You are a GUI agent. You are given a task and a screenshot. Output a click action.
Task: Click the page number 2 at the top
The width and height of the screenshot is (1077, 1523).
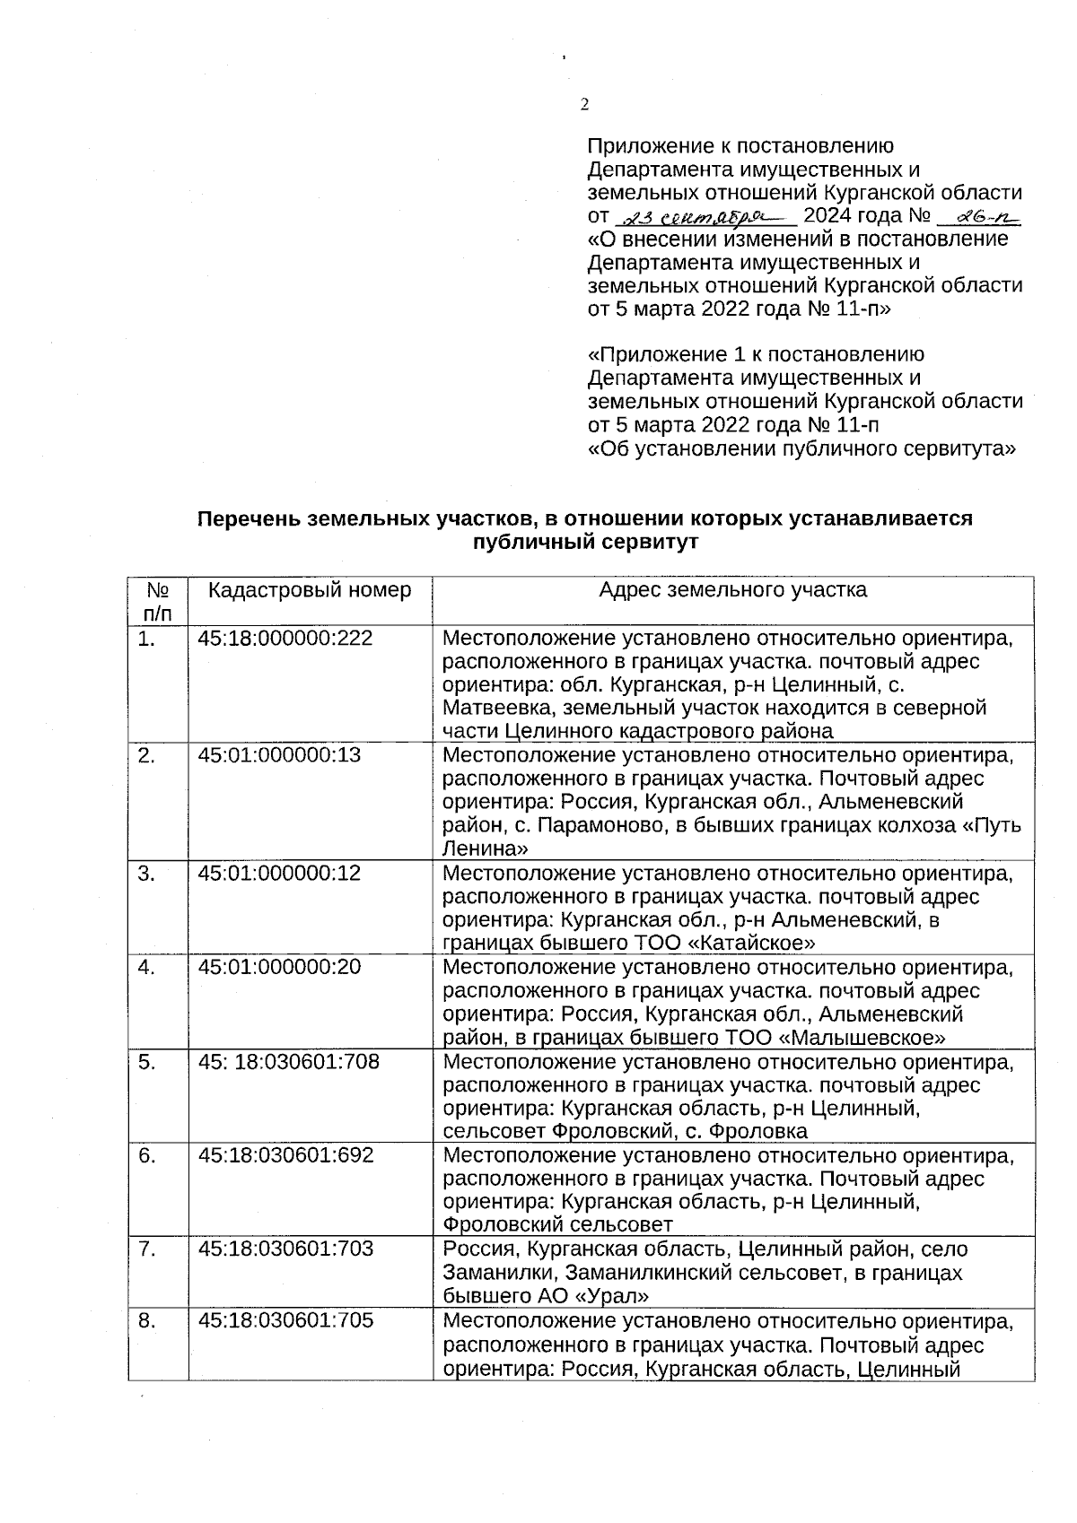pos(584,105)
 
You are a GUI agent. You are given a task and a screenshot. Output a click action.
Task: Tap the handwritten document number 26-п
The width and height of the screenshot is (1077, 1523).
pos(979,216)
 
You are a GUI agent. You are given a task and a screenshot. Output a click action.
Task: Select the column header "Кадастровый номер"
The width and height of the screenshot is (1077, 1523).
pos(310,590)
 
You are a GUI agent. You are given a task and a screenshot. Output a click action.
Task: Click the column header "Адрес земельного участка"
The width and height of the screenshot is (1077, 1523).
pos(732,590)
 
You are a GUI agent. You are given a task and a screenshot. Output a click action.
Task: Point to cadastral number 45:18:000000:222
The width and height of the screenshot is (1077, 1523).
pos(285,639)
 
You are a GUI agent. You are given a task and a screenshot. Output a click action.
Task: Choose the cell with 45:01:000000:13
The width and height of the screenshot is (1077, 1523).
pos(279,755)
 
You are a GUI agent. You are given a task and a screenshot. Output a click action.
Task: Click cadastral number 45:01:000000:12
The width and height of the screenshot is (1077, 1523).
pos(279,873)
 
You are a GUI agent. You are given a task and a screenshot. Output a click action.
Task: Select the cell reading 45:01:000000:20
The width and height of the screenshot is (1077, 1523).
pos(279,967)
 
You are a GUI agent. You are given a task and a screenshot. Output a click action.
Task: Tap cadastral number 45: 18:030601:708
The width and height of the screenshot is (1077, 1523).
pos(288,1062)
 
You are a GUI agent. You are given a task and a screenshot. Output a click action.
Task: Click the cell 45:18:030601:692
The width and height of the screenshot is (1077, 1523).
pos(285,1155)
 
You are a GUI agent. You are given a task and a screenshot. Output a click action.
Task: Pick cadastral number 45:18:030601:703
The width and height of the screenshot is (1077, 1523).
pos(285,1249)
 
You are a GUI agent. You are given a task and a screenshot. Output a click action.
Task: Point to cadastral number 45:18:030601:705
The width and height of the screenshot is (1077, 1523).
pos(285,1320)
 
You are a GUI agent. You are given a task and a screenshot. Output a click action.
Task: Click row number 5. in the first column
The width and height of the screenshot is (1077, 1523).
pos(147,1062)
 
